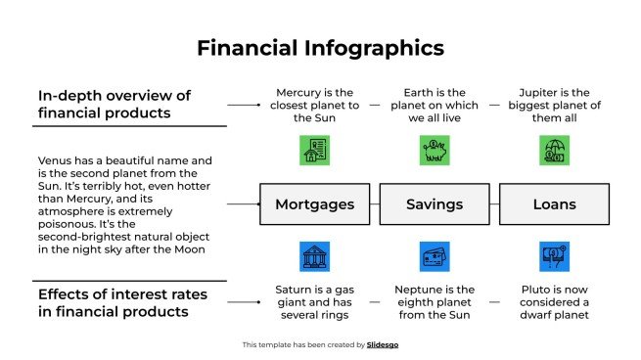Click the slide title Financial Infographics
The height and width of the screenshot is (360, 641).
tap(320, 47)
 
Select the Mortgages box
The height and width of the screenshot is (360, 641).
tap(314, 204)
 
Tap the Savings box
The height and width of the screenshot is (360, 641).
tap(435, 204)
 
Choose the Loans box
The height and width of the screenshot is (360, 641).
tap(555, 204)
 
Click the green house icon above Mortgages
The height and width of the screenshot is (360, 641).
tap(314, 150)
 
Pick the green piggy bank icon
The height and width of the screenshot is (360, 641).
tap(435, 150)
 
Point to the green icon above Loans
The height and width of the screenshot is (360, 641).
tap(555, 150)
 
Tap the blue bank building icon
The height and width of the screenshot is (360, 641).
tap(314, 256)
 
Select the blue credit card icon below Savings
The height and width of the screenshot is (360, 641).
tap(435, 256)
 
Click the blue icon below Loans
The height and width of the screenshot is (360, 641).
tap(555, 256)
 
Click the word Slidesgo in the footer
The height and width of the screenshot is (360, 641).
tap(383, 344)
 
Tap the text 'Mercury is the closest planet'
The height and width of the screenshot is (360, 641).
tap(314, 104)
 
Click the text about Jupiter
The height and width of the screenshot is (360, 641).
tap(555, 104)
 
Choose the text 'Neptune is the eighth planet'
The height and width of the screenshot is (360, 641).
tap(435, 302)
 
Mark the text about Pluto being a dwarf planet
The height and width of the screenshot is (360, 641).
tap(555, 302)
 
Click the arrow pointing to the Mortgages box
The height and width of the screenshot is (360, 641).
tap(243, 204)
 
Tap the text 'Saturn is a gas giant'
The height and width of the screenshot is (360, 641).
tap(314, 302)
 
